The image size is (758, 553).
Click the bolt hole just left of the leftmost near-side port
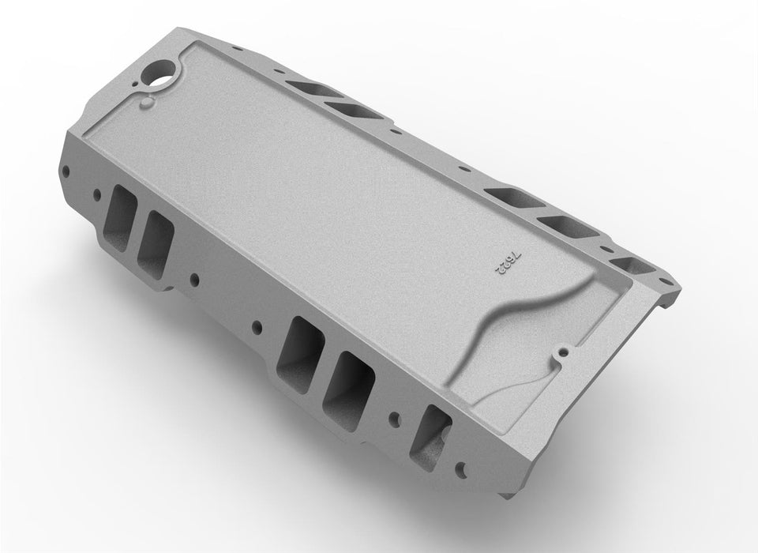point(97,192)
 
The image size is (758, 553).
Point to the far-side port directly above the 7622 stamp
point(509,197)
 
